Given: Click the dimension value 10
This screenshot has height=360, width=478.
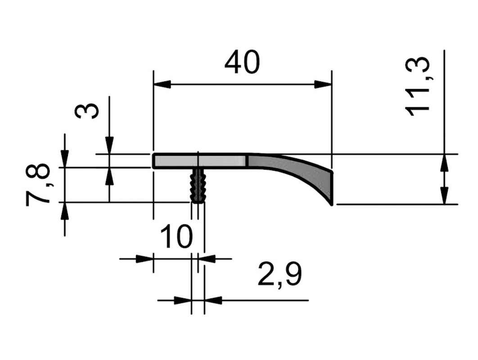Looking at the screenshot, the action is pos(176,236).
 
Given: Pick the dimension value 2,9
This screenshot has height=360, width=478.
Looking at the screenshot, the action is pos(280,274).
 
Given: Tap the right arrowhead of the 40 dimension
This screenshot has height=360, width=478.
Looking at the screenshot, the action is pos(323,85).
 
